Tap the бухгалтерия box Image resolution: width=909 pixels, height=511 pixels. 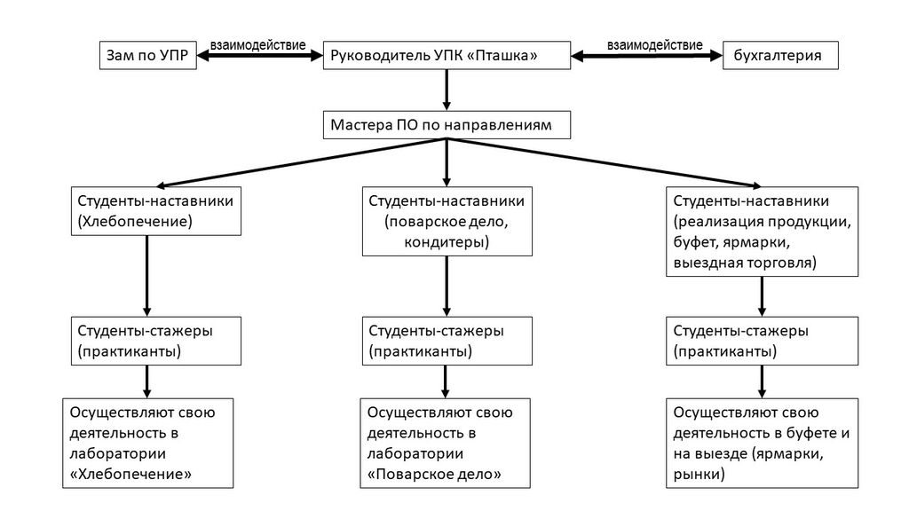(x=779, y=56)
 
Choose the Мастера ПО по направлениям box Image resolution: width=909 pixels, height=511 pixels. (x=446, y=125)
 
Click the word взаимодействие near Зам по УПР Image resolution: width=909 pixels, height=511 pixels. (x=257, y=44)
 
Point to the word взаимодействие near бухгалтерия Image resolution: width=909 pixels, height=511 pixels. (x=654, y=44)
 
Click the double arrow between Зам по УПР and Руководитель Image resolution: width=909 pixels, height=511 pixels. (x=259, y=56)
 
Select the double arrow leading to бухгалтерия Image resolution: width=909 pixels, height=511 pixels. (x=647, y=56)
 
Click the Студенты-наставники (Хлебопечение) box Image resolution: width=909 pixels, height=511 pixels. (x=154, y=210)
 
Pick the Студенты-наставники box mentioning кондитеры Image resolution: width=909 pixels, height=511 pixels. (x=447, y=221)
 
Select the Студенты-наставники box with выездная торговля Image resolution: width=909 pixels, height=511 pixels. (x=763, y=231)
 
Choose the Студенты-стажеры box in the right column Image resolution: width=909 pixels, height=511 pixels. (x=763, y=341)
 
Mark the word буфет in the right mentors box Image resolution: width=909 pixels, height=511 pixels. (x=695, y=241)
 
